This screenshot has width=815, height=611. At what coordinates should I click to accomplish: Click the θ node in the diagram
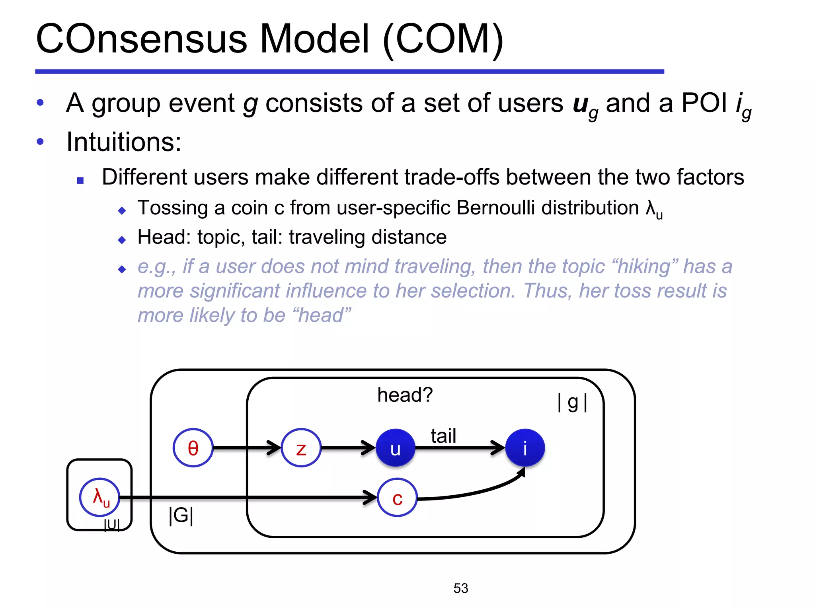[193, 448]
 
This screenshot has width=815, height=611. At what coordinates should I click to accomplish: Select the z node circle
[301, 448]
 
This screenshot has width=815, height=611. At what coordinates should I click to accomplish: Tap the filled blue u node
[395, 448]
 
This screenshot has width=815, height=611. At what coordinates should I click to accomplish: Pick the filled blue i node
[525, 448]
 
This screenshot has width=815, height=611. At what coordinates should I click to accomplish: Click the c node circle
[397, 497]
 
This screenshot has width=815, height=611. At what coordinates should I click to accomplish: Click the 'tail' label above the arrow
[443, 436]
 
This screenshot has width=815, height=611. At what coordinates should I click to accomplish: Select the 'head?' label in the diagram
[405, 395]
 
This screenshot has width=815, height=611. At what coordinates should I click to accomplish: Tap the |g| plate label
[572, 403]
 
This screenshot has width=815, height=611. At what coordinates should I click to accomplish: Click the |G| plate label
[181, 516]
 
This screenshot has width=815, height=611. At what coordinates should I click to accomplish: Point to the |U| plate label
[111, 525]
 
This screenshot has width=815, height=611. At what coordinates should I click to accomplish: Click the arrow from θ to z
[247, 448]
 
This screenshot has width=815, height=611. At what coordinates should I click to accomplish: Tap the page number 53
[461, 588]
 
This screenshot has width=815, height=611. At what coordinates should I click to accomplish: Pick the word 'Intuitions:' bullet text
[124, 142]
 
